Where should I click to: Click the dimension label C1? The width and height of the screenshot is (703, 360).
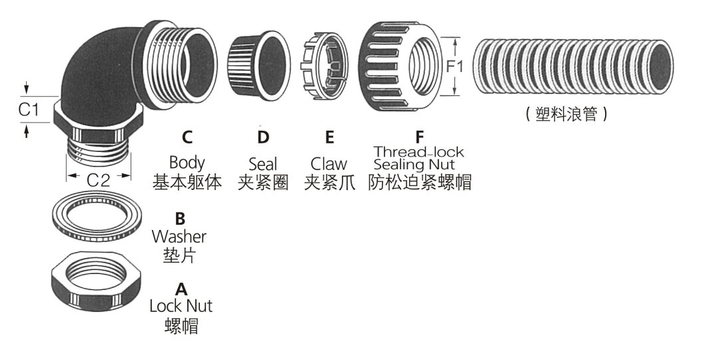pyautogui.click(x=28, y=109)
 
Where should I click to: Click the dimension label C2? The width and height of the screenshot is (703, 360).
pyautogui.click(x=99, y=178)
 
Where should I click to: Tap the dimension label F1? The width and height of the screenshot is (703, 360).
pyautogui.click(x=456, y=67)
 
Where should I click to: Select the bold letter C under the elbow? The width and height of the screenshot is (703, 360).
pyautogui.click(x=187, y=138)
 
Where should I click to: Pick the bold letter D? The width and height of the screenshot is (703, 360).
pyautogui.click(x=263, y=138)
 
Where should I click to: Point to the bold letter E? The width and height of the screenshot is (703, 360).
pyautogui.click(x=329, y=138)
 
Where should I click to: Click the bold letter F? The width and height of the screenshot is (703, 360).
pyautogui.click(x=419, y=137)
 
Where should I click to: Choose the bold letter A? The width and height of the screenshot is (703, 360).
pyautogui.click(x=181, y=289)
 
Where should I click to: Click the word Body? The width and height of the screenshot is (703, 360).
pyautogui.click(x=187, y=162)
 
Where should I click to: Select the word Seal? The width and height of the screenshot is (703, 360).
pyautogui.click(x=263, y=164)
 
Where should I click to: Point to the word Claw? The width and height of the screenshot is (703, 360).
pyautogui.click(x=329, y=164)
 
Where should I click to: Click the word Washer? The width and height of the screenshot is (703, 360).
pyautogui.click(x=179, y=236)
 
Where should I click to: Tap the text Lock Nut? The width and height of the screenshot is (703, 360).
pyautogui.click(x=181, y=307)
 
